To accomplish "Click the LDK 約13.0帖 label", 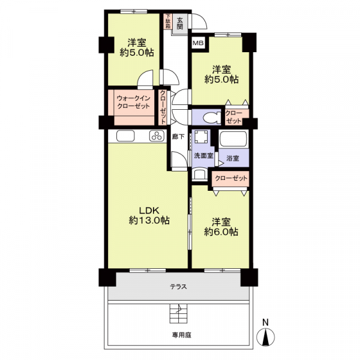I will pos(149,215).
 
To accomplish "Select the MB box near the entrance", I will pos(197,43).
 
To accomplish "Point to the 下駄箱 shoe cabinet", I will pos(168,22).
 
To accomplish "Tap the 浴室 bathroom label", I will pos(232,158).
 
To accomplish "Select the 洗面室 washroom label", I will pos(202,155).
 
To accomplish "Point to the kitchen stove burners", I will pos(157,136).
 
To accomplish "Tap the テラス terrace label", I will pos(178,287).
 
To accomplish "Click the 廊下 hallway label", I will pos(178,136).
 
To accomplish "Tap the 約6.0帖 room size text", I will pos(221,232).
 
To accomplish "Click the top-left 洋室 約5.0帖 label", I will pos(136,47).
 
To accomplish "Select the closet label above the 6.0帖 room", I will pos(230,179).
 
